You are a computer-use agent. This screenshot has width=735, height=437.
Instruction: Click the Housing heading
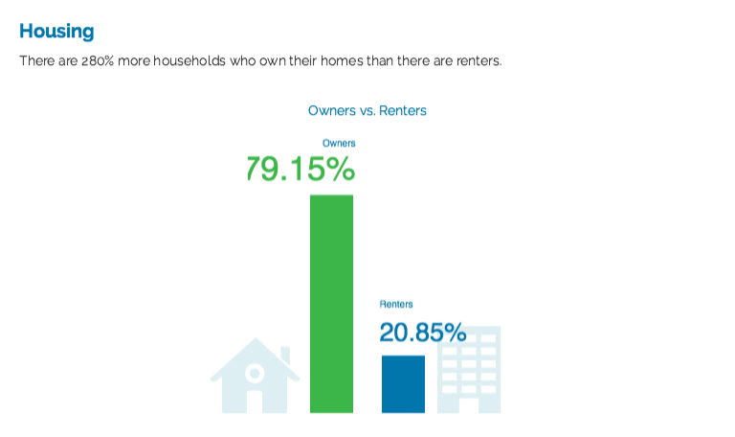coord(56,32)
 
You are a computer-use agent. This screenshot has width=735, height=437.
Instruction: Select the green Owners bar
coord(331,304)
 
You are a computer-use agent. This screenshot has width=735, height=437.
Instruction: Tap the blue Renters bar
coord(403,384)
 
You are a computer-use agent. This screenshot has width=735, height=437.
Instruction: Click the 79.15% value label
coord(300,169)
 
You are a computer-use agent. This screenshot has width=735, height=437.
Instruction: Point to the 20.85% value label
coord(423,333)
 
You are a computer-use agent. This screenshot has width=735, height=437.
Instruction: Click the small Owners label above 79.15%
coord(339,143)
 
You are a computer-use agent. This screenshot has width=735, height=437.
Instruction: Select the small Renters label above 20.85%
coord(396,304)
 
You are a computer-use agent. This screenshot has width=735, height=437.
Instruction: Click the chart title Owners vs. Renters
coord(367,111)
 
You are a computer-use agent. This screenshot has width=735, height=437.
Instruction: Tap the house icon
coord(255,376)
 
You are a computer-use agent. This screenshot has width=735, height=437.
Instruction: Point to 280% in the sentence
coord(98,61)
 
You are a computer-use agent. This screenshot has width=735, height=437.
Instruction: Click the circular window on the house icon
coord(255,374)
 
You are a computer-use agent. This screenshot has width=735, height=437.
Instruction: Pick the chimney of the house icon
coord(285,356)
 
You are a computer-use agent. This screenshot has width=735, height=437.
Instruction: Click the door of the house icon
coord(255,402)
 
